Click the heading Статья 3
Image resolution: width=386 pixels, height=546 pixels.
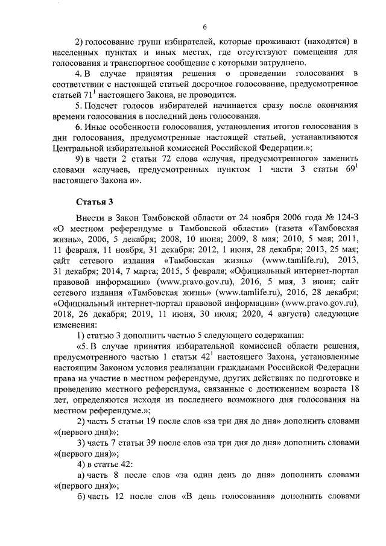[93, 201]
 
